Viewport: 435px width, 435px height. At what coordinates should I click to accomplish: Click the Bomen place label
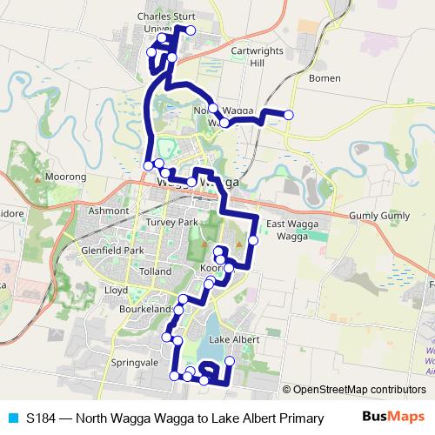pyautogui.click(x=325, y=77)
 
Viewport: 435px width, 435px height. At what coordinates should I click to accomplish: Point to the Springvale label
pyautogui.click(x=126, y=361)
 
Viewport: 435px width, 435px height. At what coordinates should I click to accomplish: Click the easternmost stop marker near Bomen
pyautogui.click(x=289, y=115)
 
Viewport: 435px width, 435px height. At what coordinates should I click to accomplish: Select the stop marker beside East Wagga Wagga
pyautogui.click(x=253, y=240)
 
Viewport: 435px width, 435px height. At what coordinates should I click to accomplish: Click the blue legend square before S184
pyautogui.click(x=11, y=418)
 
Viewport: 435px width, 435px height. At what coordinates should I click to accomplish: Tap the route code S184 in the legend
pyautogui.click(x=41, y=418)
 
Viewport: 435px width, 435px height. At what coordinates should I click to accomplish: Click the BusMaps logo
pyautogui.click(x=393, y=418)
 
